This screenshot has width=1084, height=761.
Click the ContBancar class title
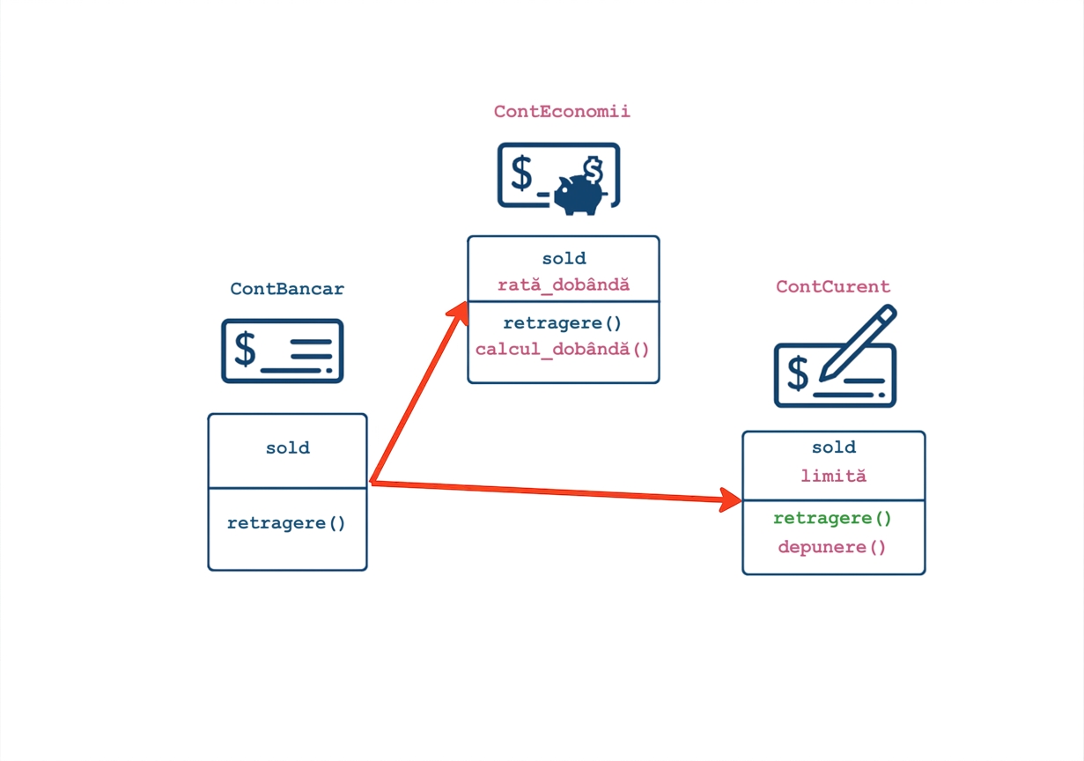[x=287, y=289]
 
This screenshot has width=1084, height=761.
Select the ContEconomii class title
[x=562, y=111]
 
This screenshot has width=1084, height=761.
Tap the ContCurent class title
[x=833, y=286]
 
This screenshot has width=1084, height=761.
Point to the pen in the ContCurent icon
[x=858, y=343]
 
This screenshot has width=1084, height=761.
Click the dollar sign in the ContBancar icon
[x=245, y=349]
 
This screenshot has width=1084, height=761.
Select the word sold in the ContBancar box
[x=287, y=447]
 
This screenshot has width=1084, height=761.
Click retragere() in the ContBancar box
[x=286, y=523]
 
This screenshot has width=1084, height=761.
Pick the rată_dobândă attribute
[x=564, y=284]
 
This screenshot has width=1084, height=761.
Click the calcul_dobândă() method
[x=562, y=349]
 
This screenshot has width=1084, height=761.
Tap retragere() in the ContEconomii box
[x=562, y=323]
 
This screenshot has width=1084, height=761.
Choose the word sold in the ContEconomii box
[x=564, y=258]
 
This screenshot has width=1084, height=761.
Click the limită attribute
[x=833, y=476]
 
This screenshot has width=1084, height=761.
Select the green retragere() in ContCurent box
[x=832, y=519]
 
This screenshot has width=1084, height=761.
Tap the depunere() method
[x=832, y=548]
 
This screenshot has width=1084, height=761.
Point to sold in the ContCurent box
[x=834, y=447]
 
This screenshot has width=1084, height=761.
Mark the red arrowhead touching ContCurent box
[x=730, y=499]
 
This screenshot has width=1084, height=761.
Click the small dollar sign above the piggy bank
[x=593, y=169]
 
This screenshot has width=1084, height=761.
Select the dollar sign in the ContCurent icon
[x=798, y=373]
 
